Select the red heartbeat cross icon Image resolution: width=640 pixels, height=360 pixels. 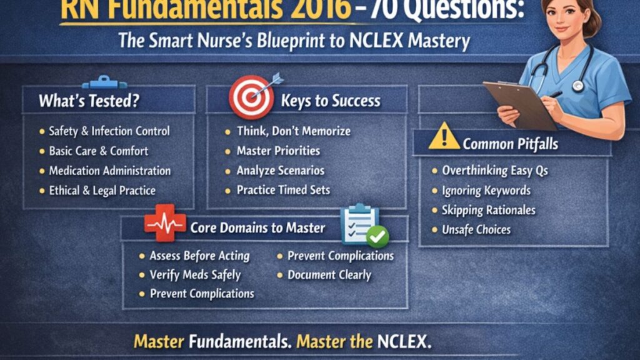coord(165,223)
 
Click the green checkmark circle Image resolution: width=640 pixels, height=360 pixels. coord(377,236)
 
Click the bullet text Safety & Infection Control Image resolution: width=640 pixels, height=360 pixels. coord(109,131)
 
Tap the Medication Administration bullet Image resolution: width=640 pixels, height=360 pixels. coord(110,171)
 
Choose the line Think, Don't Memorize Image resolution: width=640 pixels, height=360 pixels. coord(293,131)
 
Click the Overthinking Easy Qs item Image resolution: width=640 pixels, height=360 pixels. coord(494,170)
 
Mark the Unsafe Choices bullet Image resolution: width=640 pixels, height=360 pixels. coord(476,229)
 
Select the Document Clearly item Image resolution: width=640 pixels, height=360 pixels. coord(329,274)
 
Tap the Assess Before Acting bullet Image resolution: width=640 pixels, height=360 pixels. coord(199,256)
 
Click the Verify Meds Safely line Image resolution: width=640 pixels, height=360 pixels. coord(195,274)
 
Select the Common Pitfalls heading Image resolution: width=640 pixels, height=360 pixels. coord(511,144)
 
